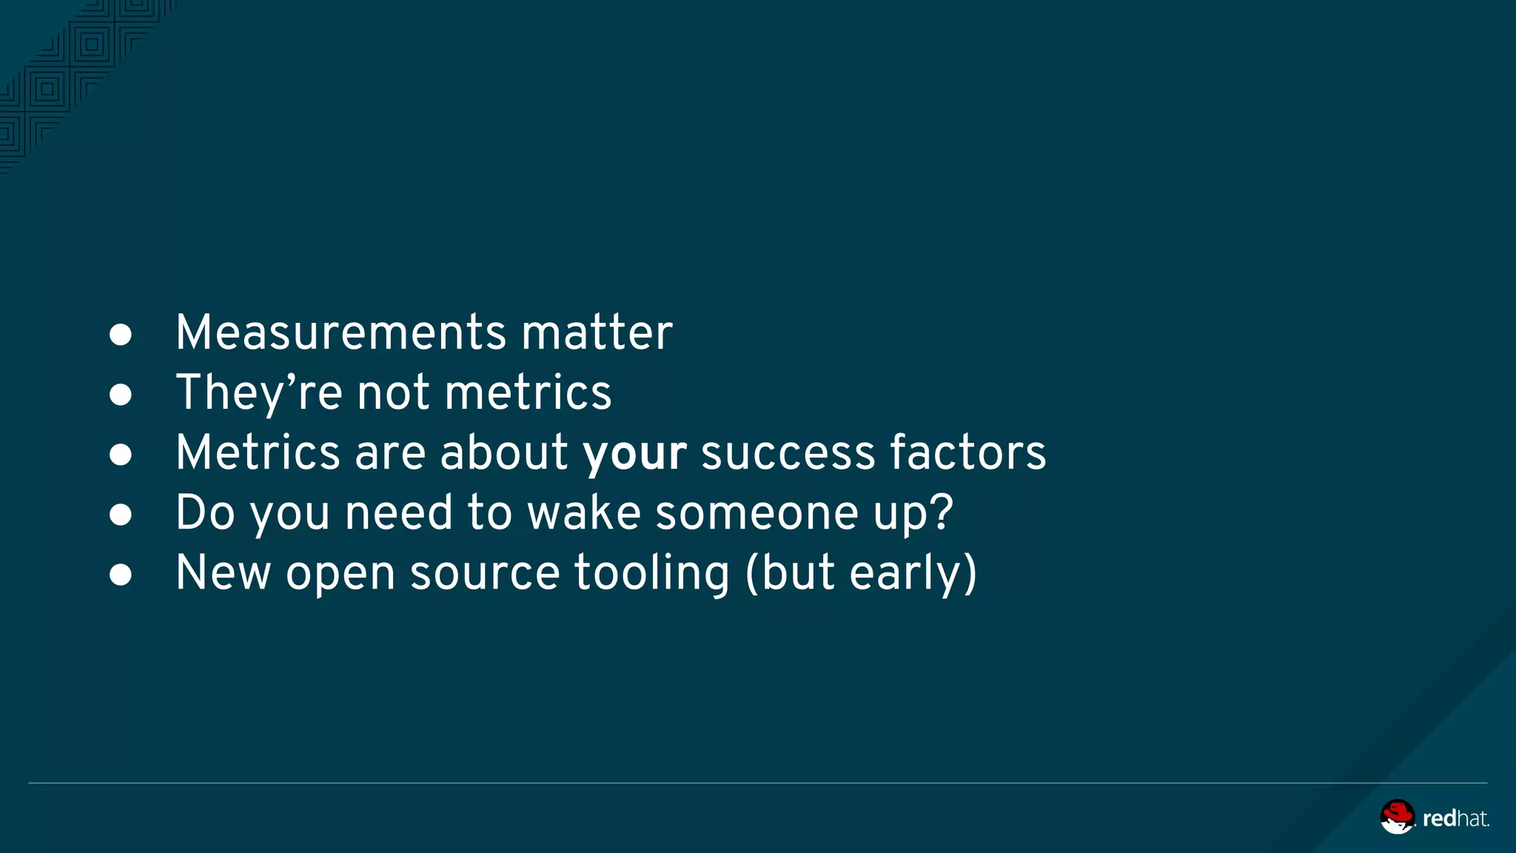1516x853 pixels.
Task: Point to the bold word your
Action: tap(635, 452)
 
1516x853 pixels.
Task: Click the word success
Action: tap(788, 452)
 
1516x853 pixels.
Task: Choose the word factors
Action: tap(968, 452)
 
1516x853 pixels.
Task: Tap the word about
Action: tap(504, 452)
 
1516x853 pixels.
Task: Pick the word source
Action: tap(485, 573)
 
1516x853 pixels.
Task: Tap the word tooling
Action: tap(652, 573)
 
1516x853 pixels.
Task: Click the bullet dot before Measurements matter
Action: tap(121, 335)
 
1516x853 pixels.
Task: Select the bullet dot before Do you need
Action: tap(121, 515)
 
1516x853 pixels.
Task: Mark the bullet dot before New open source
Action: tap(121, 575)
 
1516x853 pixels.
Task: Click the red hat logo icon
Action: tap(1397, 817)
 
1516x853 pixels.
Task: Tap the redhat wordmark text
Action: tap(1455, 818)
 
